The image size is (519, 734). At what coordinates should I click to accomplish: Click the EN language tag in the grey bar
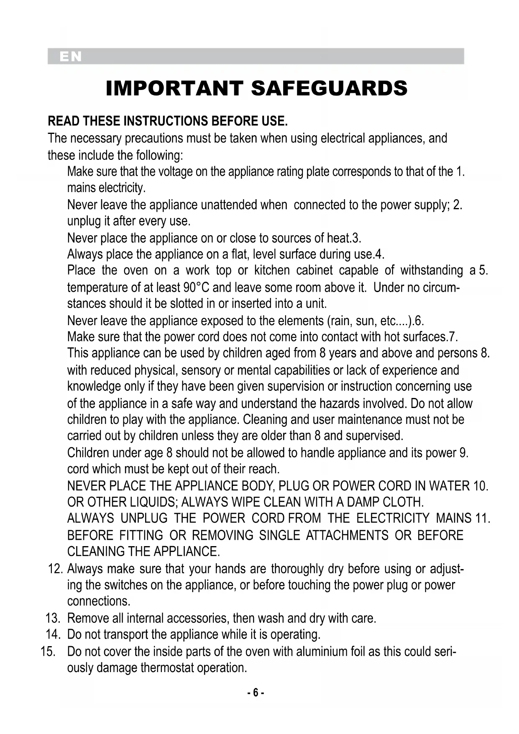pyautogui.click(x=70, y=56)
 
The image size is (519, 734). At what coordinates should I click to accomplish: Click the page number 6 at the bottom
pyautogui.click(x=255, y=693)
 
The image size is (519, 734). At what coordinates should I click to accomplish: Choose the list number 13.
pyautogui.click(x=54, y=618)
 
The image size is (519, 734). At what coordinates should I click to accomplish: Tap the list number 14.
pyautogui.click(x=54, y=634)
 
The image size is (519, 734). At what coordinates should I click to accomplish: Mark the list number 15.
pyautogui.click(x=49, y=652)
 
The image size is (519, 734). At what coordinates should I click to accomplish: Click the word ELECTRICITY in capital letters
pyautogui.click(x=393, y=518)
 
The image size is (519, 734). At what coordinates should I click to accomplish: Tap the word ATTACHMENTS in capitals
pyautogui.click(x=347, y=536)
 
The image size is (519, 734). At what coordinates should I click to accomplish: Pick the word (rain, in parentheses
pyautogui.click(x=340, y=321)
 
